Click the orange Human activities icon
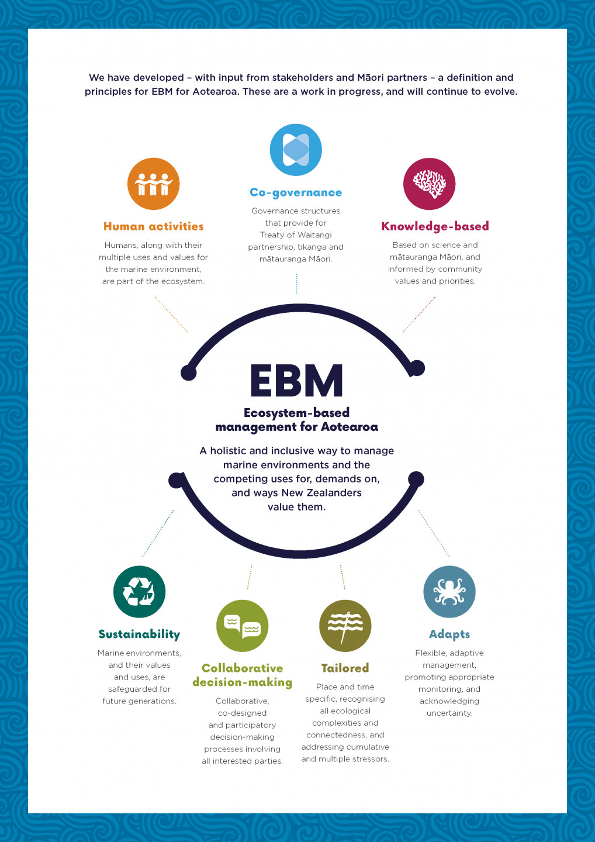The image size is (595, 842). tap(153, 184)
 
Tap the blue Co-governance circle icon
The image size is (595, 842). tap(296, 150)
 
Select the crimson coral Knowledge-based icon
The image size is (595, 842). tap(429, 184)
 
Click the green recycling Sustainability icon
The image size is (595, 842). tap(139, 592)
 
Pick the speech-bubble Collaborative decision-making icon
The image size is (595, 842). tap(242, 626)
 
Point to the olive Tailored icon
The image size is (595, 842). tap(345, 626)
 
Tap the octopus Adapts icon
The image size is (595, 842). tap(449, 592)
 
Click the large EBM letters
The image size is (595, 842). tap(296, 381)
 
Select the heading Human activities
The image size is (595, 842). tap(153, 226)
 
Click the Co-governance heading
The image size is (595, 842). tap(296, 192)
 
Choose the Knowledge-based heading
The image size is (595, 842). tap(435, 226)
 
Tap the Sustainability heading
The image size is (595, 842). tap(139, 634)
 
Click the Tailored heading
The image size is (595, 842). tap(345, 668)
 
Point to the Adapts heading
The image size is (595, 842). tap(449, 634)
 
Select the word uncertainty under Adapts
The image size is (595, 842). tap(449, 713)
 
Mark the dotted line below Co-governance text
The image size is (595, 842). tap(296, 283)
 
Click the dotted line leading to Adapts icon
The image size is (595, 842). tap(434, 533)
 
